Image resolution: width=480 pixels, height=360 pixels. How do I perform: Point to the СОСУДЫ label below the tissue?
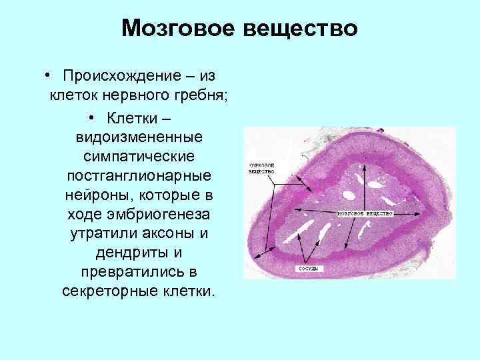[x=306, y=269]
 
